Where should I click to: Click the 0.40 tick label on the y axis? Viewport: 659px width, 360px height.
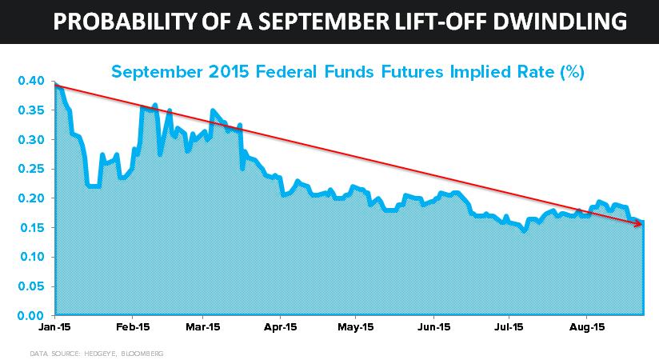pos(31,81)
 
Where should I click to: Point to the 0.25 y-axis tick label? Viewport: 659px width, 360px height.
pos(31,169)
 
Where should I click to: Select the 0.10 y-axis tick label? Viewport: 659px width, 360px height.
pos(32,257)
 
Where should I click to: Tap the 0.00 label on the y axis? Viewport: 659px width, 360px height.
pos(31,315)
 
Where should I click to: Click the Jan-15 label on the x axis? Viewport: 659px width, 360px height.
pos(54,327)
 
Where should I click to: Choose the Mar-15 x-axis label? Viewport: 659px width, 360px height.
pos(203,327)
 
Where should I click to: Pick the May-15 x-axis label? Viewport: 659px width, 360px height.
pos(356,327)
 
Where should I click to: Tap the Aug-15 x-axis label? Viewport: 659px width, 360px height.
pos(587,327)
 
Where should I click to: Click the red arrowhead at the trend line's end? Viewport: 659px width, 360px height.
pos(638,223)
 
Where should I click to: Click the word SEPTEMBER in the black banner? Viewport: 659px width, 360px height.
pos(324,21)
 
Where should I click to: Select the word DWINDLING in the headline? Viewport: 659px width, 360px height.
pos(560,21)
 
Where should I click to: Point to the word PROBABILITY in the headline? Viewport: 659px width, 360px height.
pos(125,21)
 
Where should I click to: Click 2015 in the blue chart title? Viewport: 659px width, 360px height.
pos(229,72)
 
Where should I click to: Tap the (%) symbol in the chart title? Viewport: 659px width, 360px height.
pos(573,72)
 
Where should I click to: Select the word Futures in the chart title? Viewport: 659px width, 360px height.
pos(412,72)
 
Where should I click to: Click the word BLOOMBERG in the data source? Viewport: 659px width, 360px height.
pos(142,354)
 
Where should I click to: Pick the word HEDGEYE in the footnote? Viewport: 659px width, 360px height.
pos(101,354)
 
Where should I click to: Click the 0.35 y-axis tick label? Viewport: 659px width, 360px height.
pos(31,110)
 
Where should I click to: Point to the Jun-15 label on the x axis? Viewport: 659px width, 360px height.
pos(434,327)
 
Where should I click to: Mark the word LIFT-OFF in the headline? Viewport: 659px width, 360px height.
pos(441,21)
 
